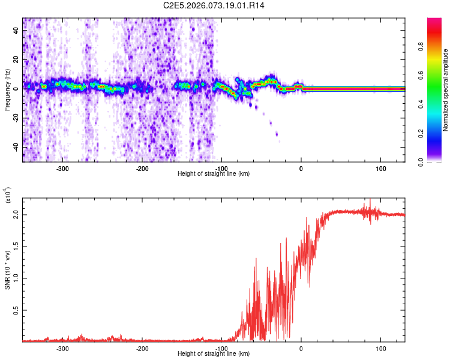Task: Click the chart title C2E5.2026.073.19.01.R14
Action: [x=218, y=5]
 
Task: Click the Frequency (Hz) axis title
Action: [x=7, y=91]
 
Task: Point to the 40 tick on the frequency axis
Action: [x=16, y=31]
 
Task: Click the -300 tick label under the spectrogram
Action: [x=63, y=169]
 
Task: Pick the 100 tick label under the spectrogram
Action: [x=381, y=169]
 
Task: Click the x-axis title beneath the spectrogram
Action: [x=214, y=174]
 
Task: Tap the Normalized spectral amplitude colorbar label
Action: [x=446, y=91]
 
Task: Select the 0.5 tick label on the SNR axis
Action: [x=13, y=310]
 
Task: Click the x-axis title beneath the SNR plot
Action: [x=214, y=354]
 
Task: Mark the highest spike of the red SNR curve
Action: [x=370, y=200]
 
